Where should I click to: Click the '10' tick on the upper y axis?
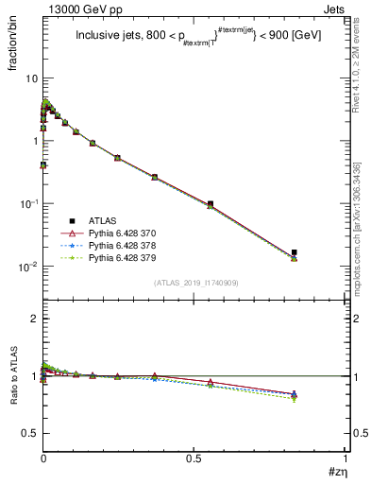31,78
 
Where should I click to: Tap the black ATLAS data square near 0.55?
210,203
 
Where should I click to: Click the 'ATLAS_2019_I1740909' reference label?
194,283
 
